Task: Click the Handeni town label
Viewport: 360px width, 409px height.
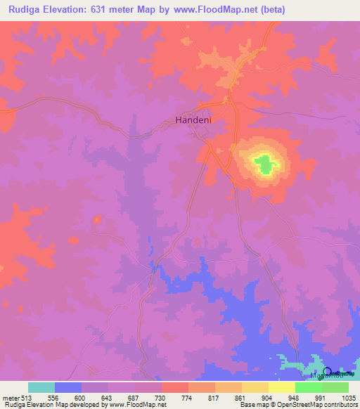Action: pyautogui.click(x=193, y=120)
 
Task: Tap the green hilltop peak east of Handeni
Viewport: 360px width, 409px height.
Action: pyautogui.click(x=264, y=165)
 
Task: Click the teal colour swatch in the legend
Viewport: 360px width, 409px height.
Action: pyautogui.click(x=41, y=387)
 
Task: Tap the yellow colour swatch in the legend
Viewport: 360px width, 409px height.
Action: pyautogui.click(x=282, y=387)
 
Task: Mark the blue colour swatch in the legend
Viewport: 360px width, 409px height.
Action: pyautogui.click(x=67, y=387)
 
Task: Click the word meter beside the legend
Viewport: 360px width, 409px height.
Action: pyautogui.click(x=11, y=398)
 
